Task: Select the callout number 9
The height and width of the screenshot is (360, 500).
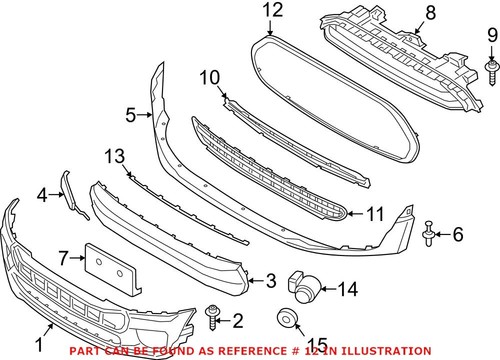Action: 491,39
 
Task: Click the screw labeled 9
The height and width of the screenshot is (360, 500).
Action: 492,69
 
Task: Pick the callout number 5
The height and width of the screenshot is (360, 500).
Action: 132,116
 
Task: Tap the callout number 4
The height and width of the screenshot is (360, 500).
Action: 43,195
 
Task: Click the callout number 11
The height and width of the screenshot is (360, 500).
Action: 374,213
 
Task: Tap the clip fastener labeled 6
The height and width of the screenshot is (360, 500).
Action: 429,233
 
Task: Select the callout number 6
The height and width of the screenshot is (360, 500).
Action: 459,235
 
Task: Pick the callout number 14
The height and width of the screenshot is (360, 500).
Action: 346,289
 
